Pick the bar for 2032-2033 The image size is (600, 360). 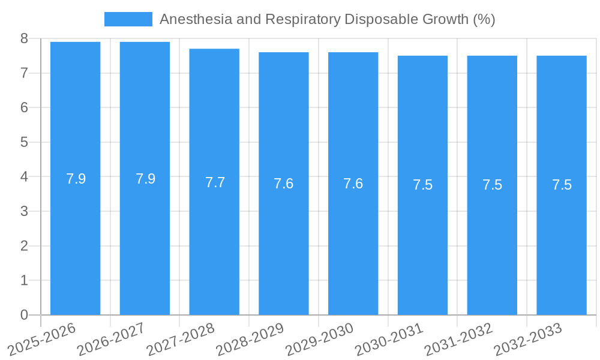(562, 240)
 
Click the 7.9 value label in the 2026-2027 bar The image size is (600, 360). (145, 179)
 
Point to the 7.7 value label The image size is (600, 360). (215, 182)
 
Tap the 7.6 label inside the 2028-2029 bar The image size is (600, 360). (283, 184)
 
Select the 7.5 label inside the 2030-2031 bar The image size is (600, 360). (422, 185)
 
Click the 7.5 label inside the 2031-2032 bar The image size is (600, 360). (492, 185)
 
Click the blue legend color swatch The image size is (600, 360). (128, 19)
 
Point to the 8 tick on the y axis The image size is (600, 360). (24, 38)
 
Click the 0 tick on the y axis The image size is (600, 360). (24, 315)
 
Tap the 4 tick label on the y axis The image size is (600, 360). (24, 177)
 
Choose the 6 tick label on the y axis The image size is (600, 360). (24, 107)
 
